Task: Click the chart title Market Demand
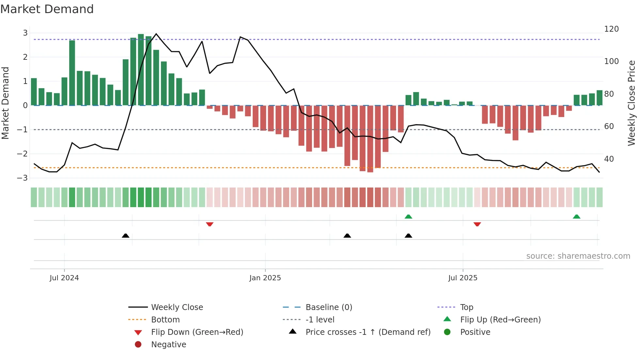click(x=47, y=9)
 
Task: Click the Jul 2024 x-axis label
click(x=64, y=278)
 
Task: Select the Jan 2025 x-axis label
click(x=265, y=278)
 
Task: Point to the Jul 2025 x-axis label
click(x=462, y=278)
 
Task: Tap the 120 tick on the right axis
click(x=611, y=29)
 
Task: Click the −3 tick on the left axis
click(x=23, y=178)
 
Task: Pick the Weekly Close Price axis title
click(x=632, y=103)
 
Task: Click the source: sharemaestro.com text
click(x=578, y=256)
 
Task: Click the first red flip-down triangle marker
click(x=210, y=224)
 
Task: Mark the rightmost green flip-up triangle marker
click(x=577, y=217)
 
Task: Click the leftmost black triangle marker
click(x=125, y=236)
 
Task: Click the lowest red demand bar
click(x=370, y=139)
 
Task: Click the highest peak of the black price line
click(x=156, y=34)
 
